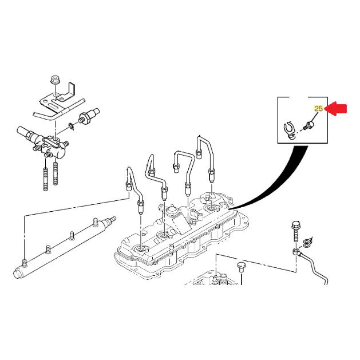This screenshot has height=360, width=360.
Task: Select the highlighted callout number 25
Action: [319, 108]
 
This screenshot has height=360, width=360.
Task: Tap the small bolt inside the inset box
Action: [310, 122]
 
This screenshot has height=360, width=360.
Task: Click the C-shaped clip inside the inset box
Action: [290, 130]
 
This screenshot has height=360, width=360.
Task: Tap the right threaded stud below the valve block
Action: [56, 174]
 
